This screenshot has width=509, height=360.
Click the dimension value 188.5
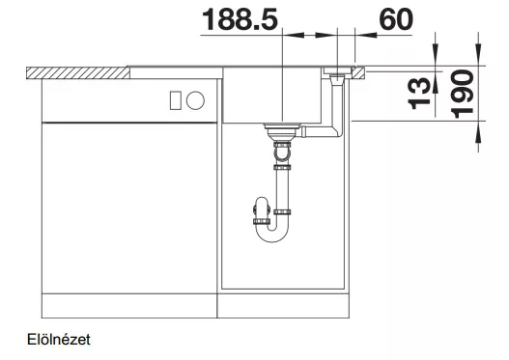coord(240,19)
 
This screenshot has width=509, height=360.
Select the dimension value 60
coord(396,19)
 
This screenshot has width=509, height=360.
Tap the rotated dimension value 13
coord(419,94)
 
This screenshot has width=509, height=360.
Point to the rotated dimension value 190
coord(463,94)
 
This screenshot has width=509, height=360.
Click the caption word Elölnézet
coord(59,340)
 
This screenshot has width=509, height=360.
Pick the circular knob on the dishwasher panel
coord(195,100)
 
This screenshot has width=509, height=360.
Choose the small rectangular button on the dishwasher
coord(175,100)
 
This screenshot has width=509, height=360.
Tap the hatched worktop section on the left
coord(78,73)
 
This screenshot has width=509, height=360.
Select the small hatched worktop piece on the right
coord(358,73)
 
